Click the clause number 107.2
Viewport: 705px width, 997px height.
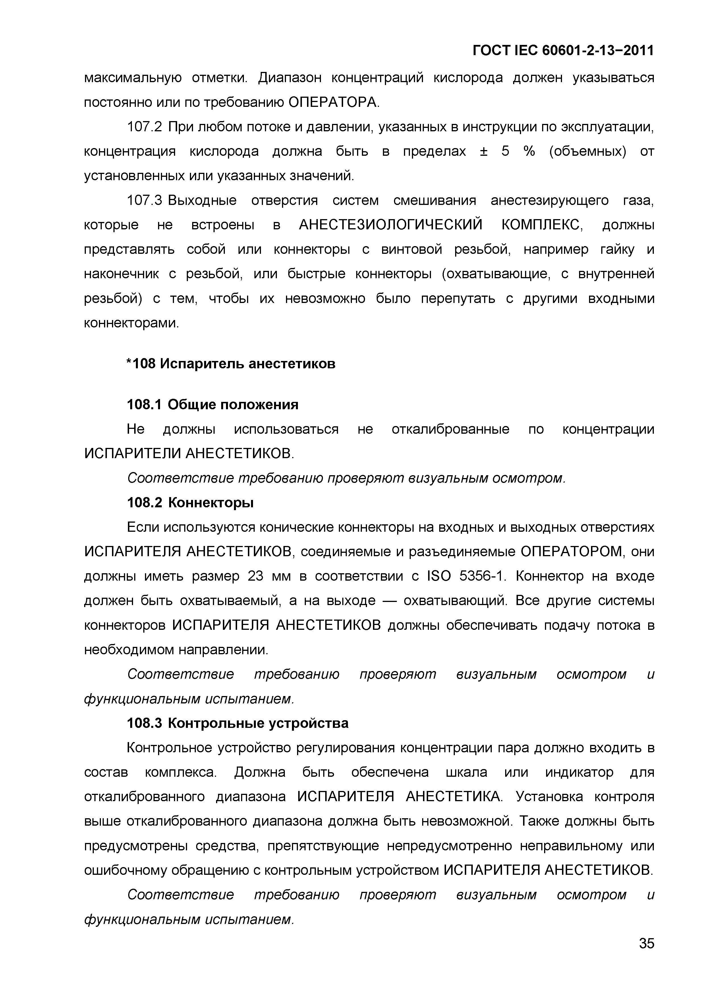point(144,127)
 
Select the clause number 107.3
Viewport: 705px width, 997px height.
point(144,201)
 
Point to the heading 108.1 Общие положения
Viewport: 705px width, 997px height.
point(212,405)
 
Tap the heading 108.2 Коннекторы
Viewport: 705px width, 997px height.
point(190,502)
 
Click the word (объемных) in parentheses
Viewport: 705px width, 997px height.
point(588,151)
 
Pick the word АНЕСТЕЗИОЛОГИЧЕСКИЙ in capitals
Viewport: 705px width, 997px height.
point(391,225)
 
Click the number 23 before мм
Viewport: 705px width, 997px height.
point(256,576)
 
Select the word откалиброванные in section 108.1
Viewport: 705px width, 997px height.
point(451,429)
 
